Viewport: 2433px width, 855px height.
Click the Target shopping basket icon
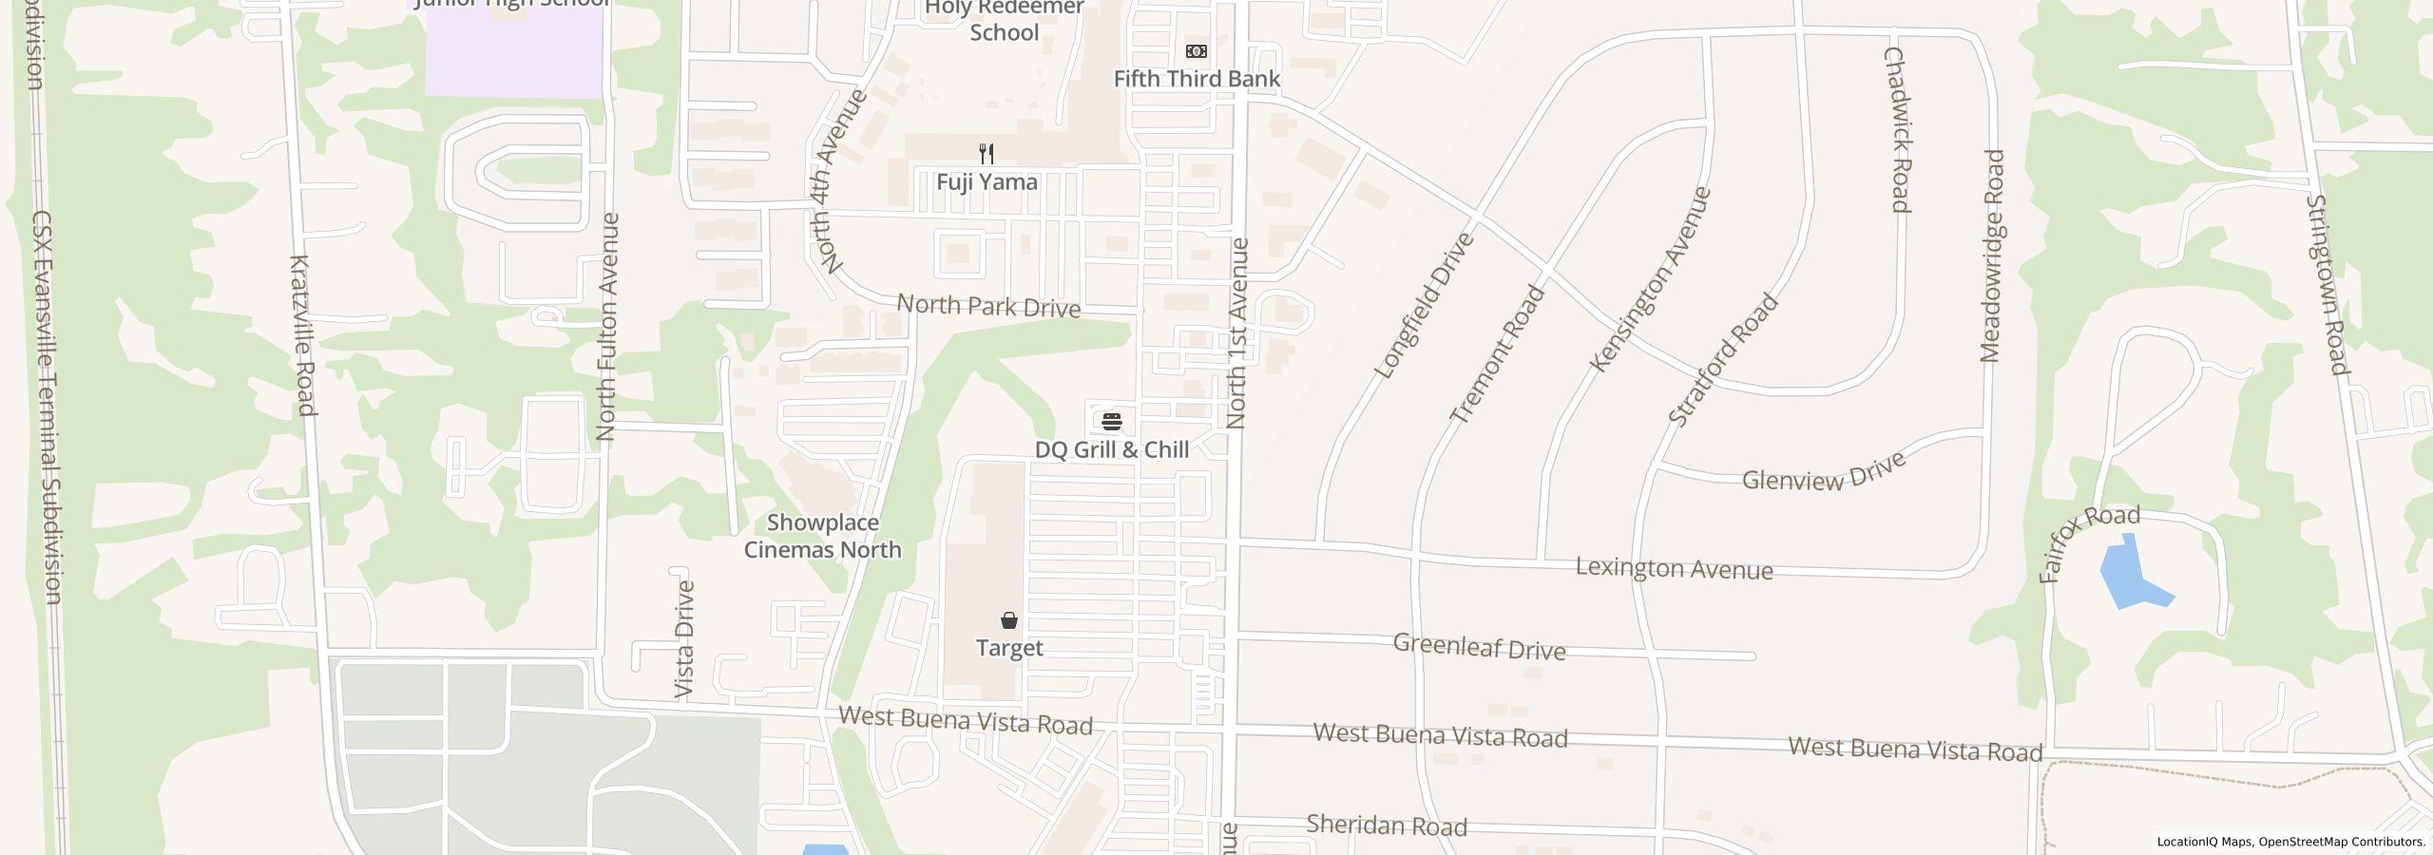point(1009,621)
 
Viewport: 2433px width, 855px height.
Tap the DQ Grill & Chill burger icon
point(1112,422)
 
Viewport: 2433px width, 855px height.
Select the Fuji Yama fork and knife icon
point(987,154)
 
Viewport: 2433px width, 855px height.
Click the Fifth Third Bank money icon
point(1197,51)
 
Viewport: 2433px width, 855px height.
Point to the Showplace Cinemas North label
point(822,536)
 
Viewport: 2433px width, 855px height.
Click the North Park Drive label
point(988,306)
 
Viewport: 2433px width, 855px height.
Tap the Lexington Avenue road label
point(1674,568)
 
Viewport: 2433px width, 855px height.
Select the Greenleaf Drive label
point(1479,647)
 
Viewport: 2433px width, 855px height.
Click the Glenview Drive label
point(1824,471)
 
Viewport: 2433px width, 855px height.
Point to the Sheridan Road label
point(1387,825)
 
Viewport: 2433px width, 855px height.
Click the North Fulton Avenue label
point(607,327)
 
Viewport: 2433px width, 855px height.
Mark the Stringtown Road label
point(2327,285)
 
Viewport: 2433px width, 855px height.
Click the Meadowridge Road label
point(1991,256)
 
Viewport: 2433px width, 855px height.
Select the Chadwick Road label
point(1896,130)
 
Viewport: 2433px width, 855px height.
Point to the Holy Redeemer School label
point(1005,20)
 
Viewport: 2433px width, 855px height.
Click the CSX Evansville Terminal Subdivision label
point(47,407)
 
